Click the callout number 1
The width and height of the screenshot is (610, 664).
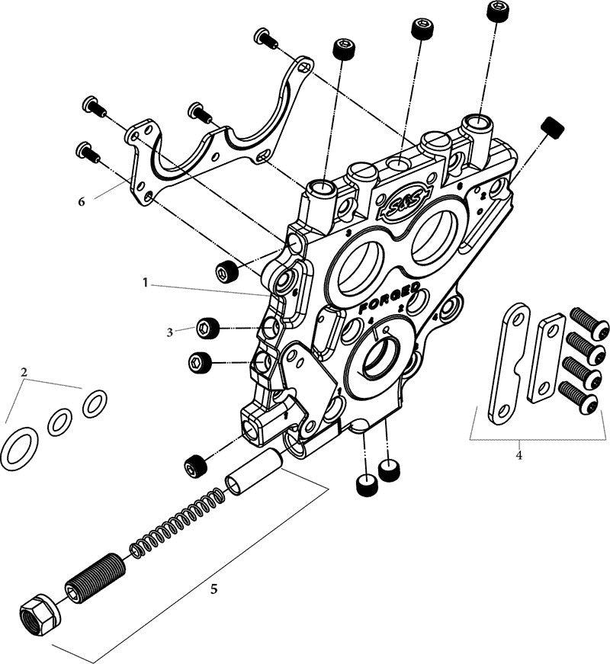click(145, 283)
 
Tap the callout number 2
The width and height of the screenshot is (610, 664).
click(24, 373)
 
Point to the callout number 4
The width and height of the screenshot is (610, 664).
click(519, 457)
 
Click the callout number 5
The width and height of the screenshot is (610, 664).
click(213, 589)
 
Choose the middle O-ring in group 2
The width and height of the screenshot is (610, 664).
click(60, 422)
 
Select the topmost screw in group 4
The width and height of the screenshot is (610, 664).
click(590, 319)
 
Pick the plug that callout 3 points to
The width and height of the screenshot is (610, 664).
click(208, 329)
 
